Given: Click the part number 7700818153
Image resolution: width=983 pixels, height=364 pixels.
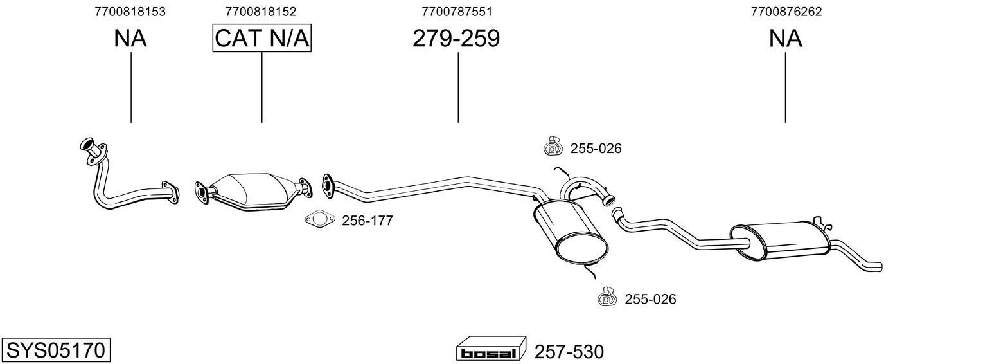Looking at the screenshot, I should coord(130,12).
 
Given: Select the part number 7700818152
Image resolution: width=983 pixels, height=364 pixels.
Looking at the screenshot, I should coord(261,12).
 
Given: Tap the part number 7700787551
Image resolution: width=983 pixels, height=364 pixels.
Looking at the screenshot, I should coord(457,12).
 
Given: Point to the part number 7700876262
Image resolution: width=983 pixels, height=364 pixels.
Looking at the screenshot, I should coord(786,12).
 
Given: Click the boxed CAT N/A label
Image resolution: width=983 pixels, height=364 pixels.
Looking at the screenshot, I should coord(262,39).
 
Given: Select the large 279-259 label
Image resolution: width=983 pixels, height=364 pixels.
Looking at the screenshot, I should coord(456,39).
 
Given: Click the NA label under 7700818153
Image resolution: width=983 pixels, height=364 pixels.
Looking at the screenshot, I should coord(130,39).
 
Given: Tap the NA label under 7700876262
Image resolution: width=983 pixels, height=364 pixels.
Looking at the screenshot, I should coord(786,39).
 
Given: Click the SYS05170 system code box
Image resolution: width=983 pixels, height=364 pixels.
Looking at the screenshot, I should coord(56,350).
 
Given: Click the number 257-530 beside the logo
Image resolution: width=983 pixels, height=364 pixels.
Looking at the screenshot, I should coord(569,352).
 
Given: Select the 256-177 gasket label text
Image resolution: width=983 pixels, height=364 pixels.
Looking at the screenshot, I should coord(367,221).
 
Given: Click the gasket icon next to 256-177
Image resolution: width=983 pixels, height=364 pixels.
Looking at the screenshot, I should coord(319,220).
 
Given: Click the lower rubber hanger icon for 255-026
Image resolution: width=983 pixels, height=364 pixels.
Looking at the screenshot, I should coord(607,298).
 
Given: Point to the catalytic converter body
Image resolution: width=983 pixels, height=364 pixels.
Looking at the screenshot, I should coord(251,190).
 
